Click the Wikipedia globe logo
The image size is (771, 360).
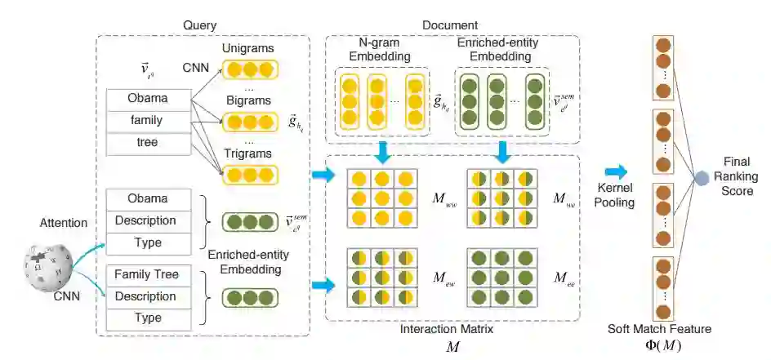(x=46, y=269)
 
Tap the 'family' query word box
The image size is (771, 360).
(x=146, y=120)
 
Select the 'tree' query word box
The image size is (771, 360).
(x=146, y=142)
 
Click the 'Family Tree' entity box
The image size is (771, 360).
(x=146, y=274)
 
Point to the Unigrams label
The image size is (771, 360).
(x=252, y=47)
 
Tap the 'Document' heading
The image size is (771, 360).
(x=450, y=25)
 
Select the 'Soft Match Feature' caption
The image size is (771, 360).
(x=659, y=329)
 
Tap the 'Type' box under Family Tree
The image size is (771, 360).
(x=146, y=317)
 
